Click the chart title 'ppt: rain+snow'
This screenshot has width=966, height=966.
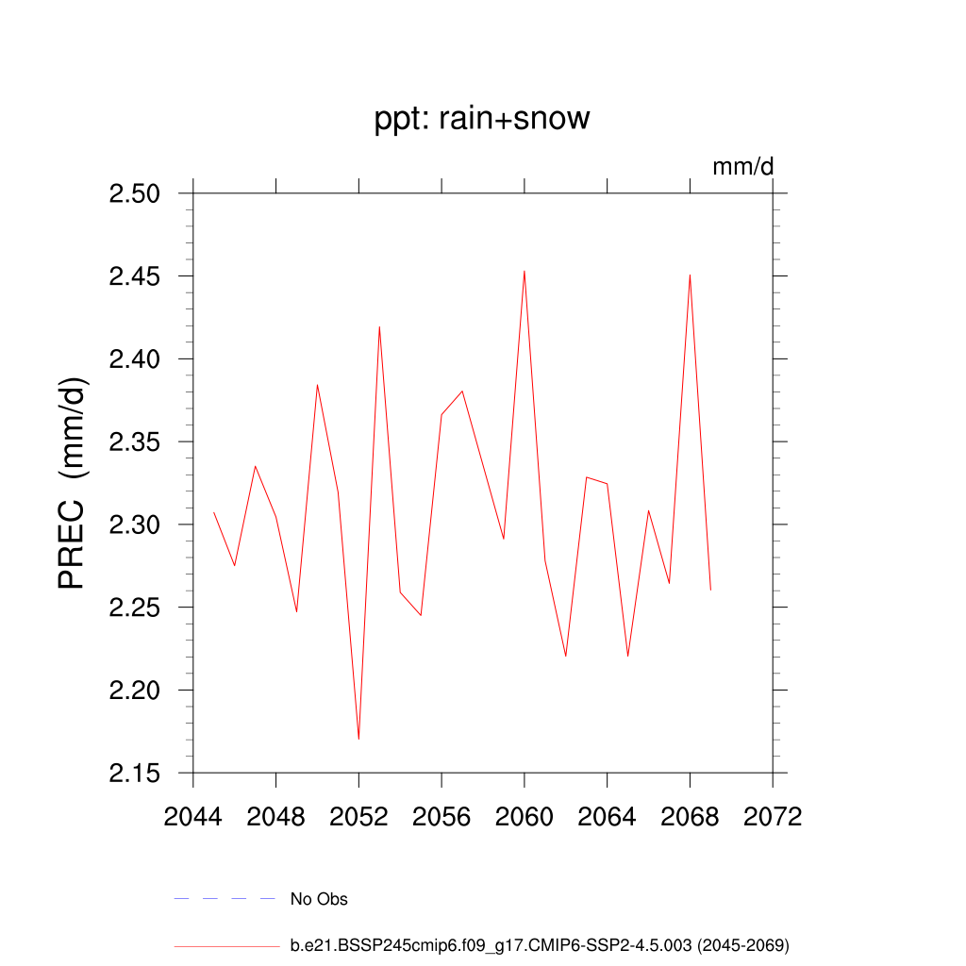click(x=482, y=119)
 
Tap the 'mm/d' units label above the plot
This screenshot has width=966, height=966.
click(x=742, y=167)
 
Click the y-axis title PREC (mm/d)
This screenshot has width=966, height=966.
click(x=73, y=482)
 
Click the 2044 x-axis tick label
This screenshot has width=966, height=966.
click(x=192, y=817)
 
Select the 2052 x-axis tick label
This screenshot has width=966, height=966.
click(x=358, y=817)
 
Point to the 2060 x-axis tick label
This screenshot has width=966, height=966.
click(x=524, y=817)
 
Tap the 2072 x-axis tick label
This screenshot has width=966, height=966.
click(x=773, y=817)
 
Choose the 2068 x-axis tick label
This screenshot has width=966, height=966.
click(x=690, y=817)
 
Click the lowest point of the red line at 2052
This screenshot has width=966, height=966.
click(x=358, y=739)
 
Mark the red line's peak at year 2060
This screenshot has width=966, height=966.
click(x=525, y=272)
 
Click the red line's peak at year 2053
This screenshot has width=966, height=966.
click(x=379, y=327)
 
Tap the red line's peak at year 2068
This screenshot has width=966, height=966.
click(x=690, y=275)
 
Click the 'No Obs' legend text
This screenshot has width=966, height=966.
click(x=319, y=899)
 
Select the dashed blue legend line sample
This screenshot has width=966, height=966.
click(x=225, y=899)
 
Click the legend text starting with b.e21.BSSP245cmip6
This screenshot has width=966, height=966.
click(x=540, y=944)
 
